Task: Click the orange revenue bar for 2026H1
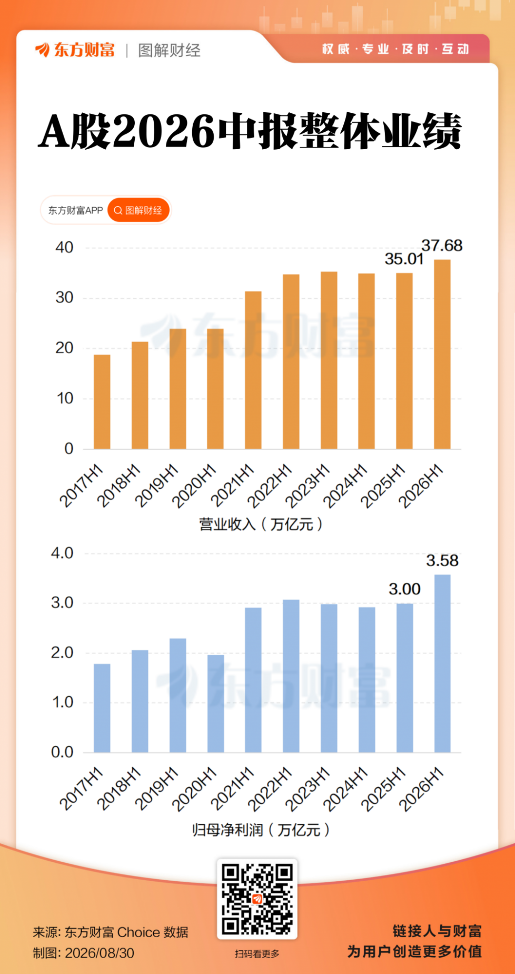(x=442, y=354)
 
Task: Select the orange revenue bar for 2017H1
(x=102, y=402)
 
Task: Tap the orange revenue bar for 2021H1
(x=253, y=370)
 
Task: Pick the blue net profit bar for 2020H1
(x=215, y=703)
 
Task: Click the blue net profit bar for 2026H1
(x=442, y=663)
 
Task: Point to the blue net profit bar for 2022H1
(x=291, y=676)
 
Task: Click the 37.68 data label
(x=442, y=246)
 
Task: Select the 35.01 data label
(x=404, y=259)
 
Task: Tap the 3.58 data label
(x=442, y=560)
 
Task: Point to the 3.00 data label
(x=404, y=589)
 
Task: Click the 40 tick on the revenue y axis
(x=64, y=247)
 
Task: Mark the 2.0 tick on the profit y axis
(x=62, y=652)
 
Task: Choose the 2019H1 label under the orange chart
(x=157, y=485)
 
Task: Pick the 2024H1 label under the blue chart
(x=345, y=788)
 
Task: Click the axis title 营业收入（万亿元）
(x=261, y=524)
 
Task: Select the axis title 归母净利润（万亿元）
(x=261, y=830)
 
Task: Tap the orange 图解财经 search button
(x=138, y=210)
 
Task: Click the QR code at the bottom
(x=257, y=899)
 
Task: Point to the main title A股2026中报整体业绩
(x=250, y=131)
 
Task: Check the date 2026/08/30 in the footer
(x=100, y=953)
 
